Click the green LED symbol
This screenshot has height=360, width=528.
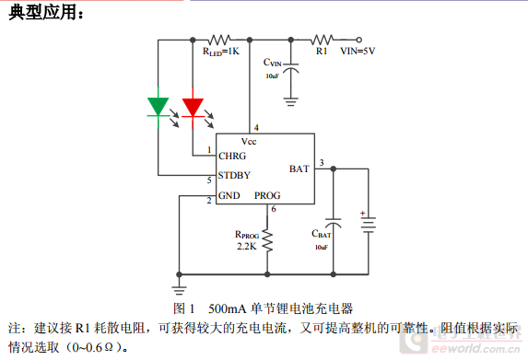(x=158, y=107)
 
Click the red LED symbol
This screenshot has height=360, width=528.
(x=192, y=107)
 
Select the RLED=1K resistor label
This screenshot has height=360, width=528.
(x=220, y=52)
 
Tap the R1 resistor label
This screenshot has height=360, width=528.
(x=322, y=52)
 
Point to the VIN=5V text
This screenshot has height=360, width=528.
(x=358, y=52)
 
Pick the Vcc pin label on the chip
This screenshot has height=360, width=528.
(x=249, y=141)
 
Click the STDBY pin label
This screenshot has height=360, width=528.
(x=234, y=175)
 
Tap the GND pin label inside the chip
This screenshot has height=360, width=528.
(x=229, y=195)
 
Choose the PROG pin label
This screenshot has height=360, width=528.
(x=267, y=195)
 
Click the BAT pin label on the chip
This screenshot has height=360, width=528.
(x=299, y=168)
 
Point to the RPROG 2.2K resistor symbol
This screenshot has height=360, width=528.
(x=267, y=241)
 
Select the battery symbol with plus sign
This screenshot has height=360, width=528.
(x=368, y=225)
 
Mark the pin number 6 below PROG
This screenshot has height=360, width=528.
(x=274, y=210)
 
